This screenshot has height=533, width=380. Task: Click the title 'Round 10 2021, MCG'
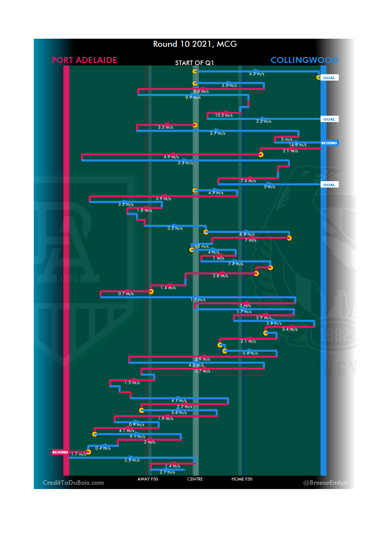click(195, 44)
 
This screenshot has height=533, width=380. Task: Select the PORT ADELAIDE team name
click(84, 60)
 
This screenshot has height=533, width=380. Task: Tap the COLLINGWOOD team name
click(304, 60)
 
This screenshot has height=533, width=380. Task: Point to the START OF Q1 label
click(195, 63)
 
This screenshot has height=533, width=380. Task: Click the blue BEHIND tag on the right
click(329, 143)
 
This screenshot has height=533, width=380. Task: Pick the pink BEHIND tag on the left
click(60, 452)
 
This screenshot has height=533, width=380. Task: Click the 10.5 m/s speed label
click(224, 115)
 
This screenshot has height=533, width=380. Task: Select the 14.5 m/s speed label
click(298, 145)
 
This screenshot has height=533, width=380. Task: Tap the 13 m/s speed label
click(202, 246)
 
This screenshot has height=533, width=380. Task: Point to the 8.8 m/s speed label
click(247, 234)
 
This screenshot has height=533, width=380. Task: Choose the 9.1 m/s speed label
click(137, 437)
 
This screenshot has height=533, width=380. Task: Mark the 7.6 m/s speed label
click(248, 181)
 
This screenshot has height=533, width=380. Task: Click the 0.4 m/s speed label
click(103, 448)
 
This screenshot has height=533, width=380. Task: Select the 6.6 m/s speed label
click(250, 353)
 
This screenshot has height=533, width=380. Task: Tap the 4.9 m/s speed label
click(171, 157)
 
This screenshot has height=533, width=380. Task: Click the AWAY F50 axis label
click(148, 479)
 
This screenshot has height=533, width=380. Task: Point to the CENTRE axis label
click(195, 479)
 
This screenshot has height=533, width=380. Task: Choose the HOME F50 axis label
click(242, 479)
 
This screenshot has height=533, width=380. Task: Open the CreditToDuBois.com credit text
click(73, 483)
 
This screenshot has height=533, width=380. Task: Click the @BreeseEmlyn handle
click(325, 483)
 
